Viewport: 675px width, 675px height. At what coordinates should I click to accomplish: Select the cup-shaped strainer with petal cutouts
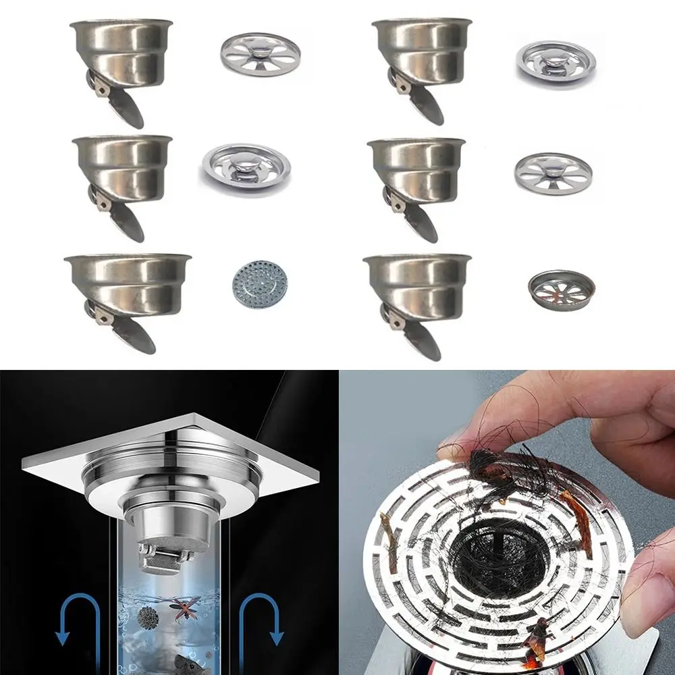(561, 286)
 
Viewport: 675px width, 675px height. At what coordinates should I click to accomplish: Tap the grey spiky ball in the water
(146, 616)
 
